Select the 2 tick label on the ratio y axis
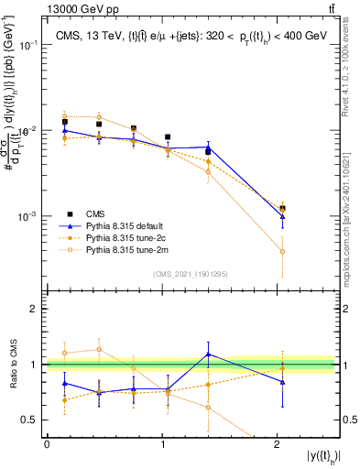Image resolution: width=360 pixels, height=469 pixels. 38,310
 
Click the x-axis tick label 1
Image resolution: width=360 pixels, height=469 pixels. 162,443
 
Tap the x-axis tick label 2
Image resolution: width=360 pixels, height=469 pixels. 278,443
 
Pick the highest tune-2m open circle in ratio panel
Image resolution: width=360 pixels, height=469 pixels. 98,349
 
